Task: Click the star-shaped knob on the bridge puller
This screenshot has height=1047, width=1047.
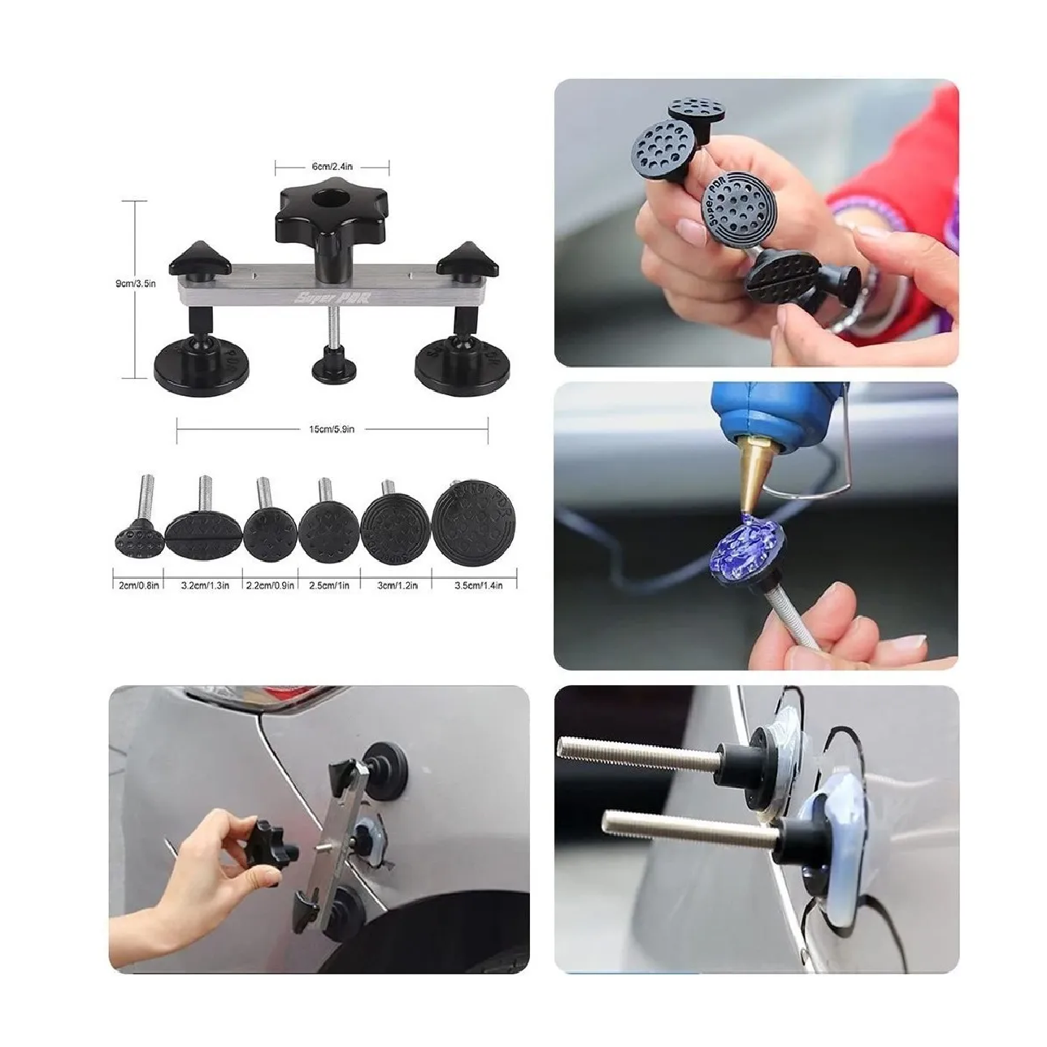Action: (331, 212)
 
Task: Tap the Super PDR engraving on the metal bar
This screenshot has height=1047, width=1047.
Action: (332, 297)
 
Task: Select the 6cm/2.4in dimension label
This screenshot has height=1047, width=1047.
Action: (332, 167)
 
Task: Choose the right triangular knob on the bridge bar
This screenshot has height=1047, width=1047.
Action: (467, 259)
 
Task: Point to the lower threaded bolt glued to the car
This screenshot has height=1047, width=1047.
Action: (691, 834)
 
